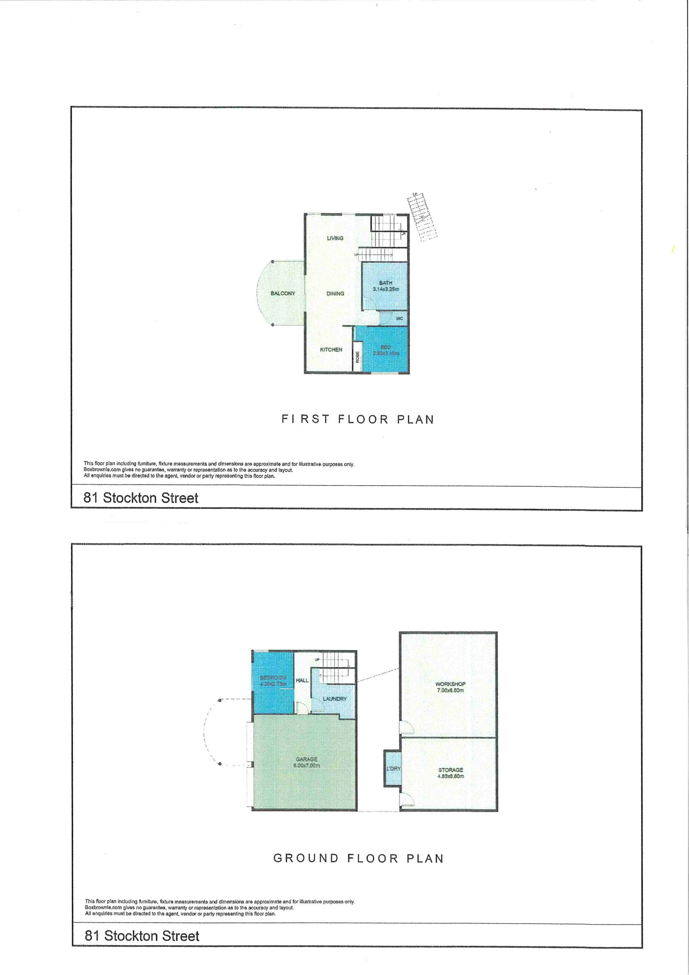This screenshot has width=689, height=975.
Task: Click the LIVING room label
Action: coord(335,238)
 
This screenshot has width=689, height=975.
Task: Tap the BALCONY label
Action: coord(283,293)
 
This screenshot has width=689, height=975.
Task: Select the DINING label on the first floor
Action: coord(335,293)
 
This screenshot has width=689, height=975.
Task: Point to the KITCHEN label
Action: coord(331,350)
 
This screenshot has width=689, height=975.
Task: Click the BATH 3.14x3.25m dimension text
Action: coord(386,289)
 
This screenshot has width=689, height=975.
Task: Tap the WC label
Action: coord(399,318)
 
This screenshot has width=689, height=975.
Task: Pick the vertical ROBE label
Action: coord(357,357)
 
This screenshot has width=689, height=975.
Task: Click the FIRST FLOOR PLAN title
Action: coord(358,419)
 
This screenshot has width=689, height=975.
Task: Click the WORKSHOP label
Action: coord(450,684)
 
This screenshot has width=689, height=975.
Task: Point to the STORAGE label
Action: coord(450,770)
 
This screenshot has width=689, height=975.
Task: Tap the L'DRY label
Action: coord(393,769)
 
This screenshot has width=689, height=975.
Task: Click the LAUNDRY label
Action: coord(335,698)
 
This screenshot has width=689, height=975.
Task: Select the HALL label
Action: coord(302,680)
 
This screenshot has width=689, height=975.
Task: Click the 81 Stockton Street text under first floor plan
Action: coord(141,498)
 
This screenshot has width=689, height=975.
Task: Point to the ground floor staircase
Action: coord(338,667)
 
